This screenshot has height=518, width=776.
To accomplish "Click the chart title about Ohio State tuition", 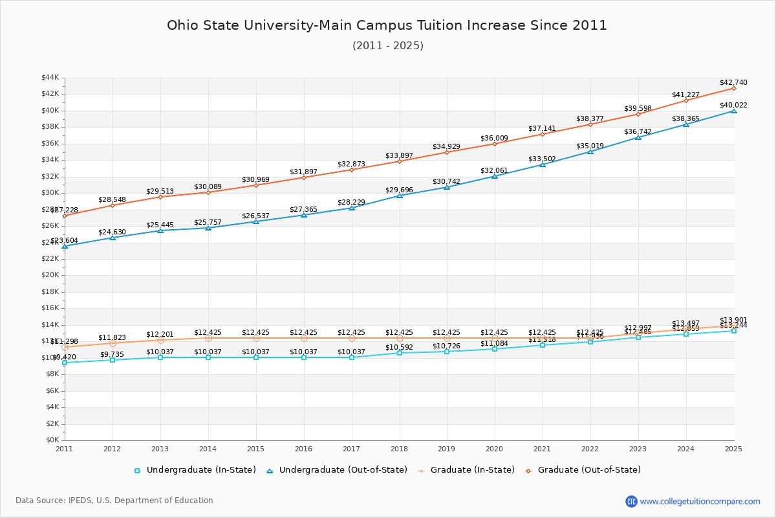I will coord(387,25).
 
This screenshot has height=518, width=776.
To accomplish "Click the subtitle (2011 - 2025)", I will coord(387,45).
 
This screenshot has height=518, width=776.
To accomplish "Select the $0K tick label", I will coord(52,440).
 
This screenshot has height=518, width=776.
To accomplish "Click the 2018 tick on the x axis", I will coord(400,448).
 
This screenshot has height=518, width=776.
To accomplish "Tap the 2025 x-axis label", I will coord(733,448).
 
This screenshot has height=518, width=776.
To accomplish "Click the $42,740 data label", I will coord(733,82).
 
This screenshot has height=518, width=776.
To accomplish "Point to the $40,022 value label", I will coord(733,105).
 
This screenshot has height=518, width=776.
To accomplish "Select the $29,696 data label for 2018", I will coord(399,190).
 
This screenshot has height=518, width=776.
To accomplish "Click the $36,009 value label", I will coord(494,138).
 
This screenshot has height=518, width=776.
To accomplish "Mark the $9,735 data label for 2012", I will coord(112,354).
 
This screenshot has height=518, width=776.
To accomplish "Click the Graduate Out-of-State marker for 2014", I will coord(208,192).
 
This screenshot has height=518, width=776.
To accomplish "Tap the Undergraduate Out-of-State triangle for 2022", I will coord(590,152).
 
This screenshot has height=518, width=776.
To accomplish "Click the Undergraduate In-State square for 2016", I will coord(304,357).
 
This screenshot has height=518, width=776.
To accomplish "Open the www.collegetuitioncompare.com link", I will coord(700,501).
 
